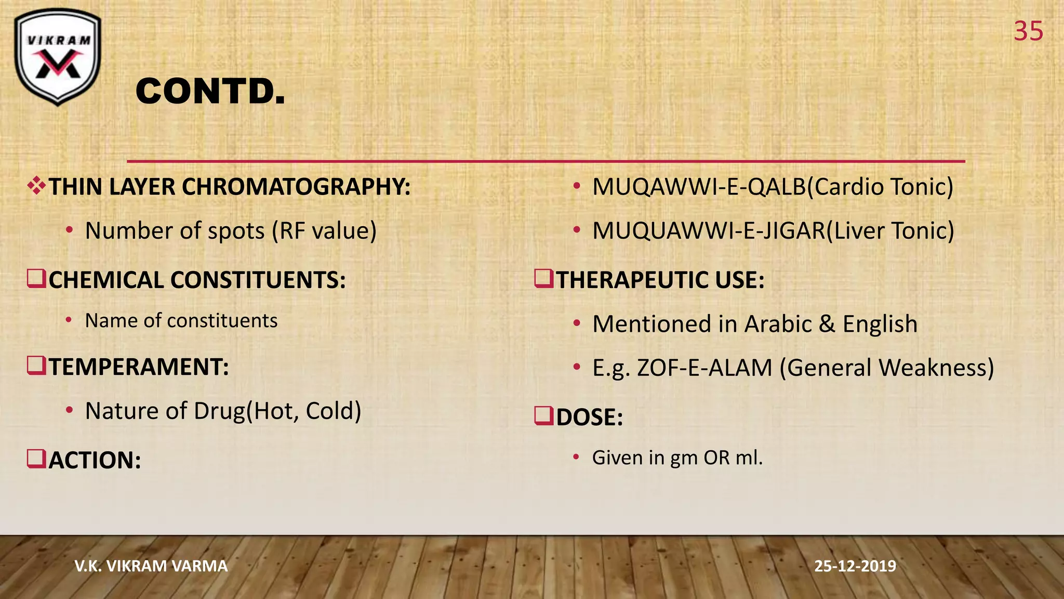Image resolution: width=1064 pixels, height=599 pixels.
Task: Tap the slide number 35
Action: click(x=1028, y=31)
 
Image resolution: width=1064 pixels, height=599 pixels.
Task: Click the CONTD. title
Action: click(x=210, y=92)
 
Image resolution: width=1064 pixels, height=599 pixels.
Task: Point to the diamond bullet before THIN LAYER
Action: click(x=36, y=186)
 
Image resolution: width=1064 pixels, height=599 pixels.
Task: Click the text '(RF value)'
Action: click(x=324, y=231)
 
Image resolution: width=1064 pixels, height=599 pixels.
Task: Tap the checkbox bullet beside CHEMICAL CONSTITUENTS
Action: click(x=36, y=279)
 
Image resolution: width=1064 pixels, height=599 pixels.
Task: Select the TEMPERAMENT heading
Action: click(x=139, y=367)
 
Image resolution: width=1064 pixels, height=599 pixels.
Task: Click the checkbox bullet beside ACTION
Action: click(x=36, y=460)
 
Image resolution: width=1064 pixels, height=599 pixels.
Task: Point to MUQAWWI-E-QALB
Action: click(x=699, y=187)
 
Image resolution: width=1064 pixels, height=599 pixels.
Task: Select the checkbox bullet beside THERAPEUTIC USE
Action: click(x=544, y=279)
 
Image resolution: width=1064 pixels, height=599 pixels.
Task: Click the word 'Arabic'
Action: click(x=778, y=324)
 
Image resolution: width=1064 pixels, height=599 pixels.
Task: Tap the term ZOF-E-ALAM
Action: click(x=704, y=368)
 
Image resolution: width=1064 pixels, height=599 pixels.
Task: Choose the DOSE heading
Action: click(x=589, y=418)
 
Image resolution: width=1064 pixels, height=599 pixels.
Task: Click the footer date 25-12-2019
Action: click(x=855, y=566)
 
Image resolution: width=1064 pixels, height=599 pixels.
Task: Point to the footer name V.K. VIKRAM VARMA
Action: click(x=151, y=566)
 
